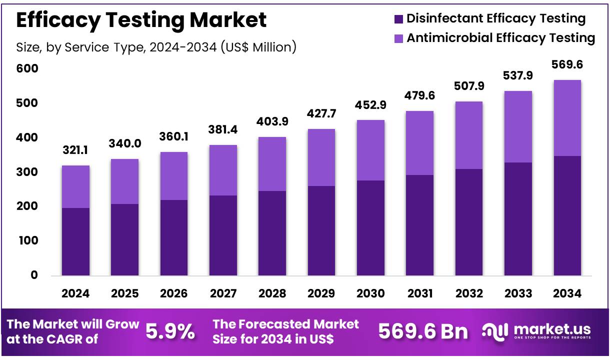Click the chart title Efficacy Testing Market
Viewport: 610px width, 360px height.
click(141, 20)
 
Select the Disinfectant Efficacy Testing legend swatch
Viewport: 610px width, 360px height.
click(398, 19)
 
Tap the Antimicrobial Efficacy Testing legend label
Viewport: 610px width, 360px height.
click(500, 38)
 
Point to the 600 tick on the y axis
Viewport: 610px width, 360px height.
click(28, 68)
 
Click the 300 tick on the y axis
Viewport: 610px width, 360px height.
click(28, 172)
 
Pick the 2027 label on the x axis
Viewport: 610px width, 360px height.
click(222, 294)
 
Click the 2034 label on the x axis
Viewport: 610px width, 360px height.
click(567, 294)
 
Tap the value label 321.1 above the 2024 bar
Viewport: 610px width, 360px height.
click(75, 150)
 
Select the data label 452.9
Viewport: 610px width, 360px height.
click(370, 105)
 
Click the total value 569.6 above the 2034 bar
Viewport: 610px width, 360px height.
click(567, 65)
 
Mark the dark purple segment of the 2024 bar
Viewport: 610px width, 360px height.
click(75, 241)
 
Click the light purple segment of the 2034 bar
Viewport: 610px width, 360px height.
click(567, 118)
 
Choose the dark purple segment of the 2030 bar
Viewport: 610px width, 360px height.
click(370, 227)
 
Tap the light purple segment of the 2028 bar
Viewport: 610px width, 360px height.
click(272, 164)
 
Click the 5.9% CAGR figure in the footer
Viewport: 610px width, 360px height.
click(170, 331)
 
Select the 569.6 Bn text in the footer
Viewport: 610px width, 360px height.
click(423, 331)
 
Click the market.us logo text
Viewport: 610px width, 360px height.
click(551, 329)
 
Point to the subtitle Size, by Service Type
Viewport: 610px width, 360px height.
click(156, 47)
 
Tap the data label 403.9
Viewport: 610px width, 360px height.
click(272, 122)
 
